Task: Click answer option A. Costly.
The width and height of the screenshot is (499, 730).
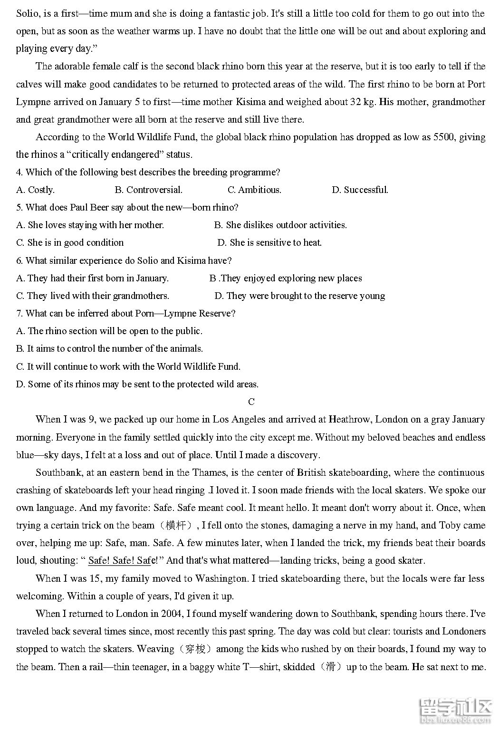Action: coord(35,190)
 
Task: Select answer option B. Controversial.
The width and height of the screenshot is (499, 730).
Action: coord(149,190)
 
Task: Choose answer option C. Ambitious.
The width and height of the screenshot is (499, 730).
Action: coord(255,190)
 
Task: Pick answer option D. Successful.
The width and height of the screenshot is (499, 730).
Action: coord(360,190)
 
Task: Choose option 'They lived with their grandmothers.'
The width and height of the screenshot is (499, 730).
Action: coord(93,296)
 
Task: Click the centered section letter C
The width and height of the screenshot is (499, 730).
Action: coord(251,402)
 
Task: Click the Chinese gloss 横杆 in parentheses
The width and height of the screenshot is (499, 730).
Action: coord(176,526)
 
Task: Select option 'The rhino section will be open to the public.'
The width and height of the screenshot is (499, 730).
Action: coord(109,331)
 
